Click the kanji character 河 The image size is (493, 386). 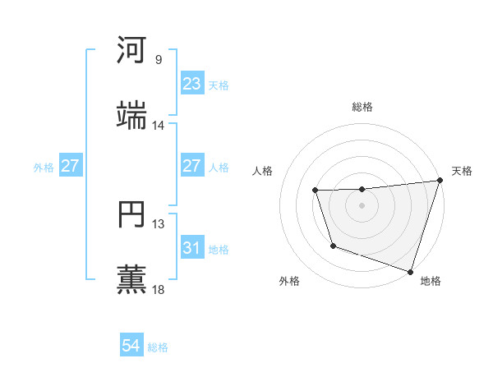[x=132, y=50]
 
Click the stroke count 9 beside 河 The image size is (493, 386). [x=159, y=60]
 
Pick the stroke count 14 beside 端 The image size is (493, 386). [x=159, y=126]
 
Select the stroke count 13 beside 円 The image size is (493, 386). [x=159, y=223]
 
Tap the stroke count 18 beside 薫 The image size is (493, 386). [x=159, y=289]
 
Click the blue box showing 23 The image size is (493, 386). [x=191, y=84]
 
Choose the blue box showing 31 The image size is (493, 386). [x=191, y=248]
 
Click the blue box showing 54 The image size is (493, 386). [x=131, y=346]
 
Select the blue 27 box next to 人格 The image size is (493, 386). [x=191, y=166]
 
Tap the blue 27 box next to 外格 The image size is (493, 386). [x=70, y=166]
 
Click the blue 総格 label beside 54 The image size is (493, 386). [x=158, y=347]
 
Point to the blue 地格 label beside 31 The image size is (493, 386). [x=219, y=249]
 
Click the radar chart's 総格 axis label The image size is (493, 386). [x=362, y=107]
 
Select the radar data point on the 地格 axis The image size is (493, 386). [x=410, y=271]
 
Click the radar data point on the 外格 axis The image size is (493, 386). [x=333, y=246]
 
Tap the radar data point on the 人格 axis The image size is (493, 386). [x=316, y=191]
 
